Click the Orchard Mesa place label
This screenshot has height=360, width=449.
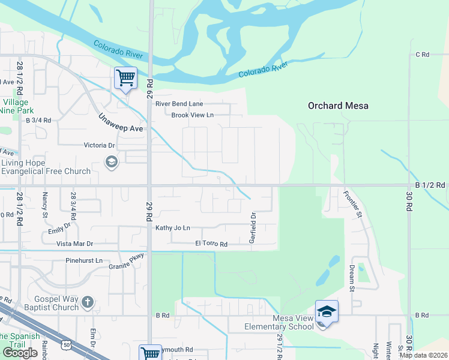click(338, 106)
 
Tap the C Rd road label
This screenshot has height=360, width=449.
click(423, 55)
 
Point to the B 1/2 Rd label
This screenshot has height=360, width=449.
click(430, 185)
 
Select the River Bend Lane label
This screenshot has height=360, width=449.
click(179, 104)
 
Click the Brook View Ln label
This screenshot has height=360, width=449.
click(193, 115)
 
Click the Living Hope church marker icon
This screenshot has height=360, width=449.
click(111, 162)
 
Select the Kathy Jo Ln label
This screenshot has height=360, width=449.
click(173, 228)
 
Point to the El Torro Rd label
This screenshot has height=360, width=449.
click(211, 244)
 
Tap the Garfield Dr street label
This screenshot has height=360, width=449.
click(253, 228)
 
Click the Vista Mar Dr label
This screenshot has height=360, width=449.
click(74, 244)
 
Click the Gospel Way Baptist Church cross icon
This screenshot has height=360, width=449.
click(88, 302)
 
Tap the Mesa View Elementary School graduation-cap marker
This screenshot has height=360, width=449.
click(327, 312)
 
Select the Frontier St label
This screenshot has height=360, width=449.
click(352, 203)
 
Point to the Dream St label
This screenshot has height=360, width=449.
click(352, 278)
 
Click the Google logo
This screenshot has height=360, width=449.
click(20, 353)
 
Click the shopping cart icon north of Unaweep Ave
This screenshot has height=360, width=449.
click(125, 77)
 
